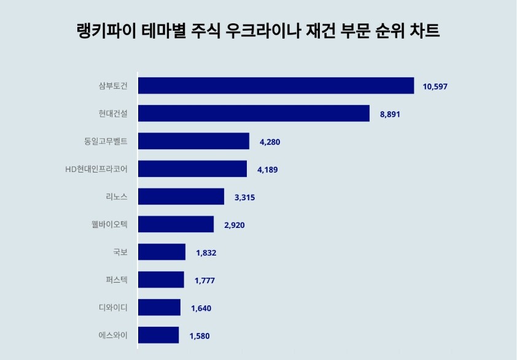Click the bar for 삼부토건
pos(276,86)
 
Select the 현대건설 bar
pos(254,114)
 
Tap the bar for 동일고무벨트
pos(193,141)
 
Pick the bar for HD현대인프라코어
pos(192,169)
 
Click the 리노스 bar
pos(181,197)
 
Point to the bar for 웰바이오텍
pos(176,224)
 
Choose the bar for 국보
pos(161,252)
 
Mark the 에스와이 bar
pos(158,335)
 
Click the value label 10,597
pos(435,87)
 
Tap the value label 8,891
pos(391,114)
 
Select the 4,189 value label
pos(268,170)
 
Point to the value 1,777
pos(204,280)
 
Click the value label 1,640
pos(201,308)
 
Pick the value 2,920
pos(235,225)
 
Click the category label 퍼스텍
pos(117,280)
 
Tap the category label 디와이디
pos(113,307)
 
